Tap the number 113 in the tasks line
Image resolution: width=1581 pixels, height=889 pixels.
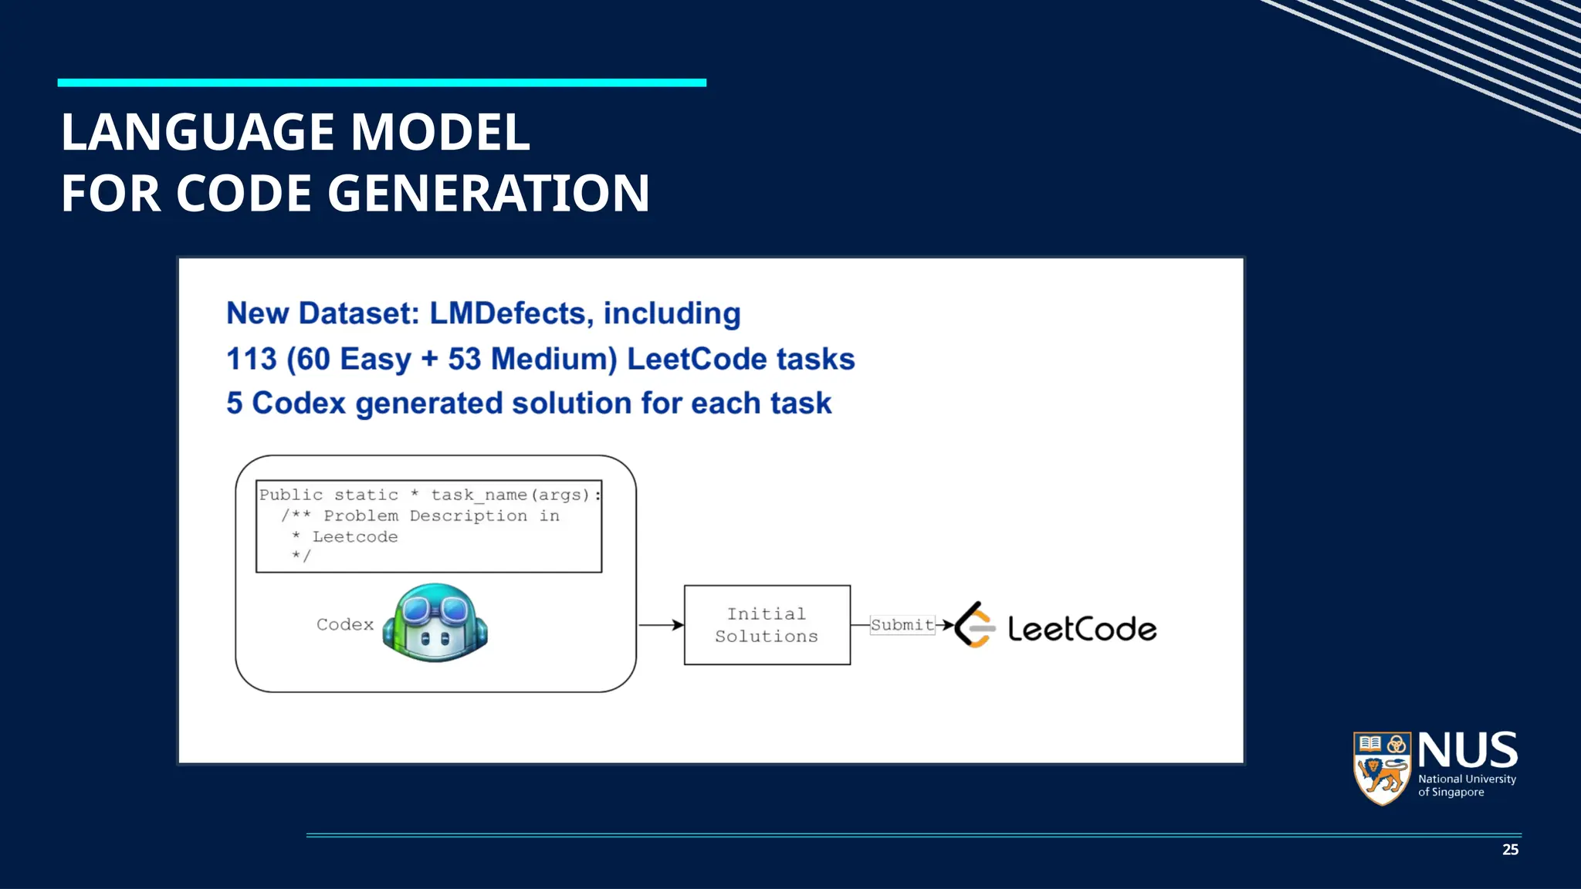(252, 359)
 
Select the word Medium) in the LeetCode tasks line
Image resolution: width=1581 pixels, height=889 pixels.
(554, 359)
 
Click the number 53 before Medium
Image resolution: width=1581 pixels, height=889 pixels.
(465, 359)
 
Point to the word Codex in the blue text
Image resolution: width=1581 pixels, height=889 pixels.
(299, 403)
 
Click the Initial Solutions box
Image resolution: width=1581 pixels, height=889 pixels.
(767, 625)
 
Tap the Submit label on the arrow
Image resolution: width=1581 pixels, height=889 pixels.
(902, 624)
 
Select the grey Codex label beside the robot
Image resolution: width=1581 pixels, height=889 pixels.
(344, 624)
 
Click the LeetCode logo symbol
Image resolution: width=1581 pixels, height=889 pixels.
(974, 624)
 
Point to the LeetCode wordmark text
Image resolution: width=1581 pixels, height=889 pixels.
(1082, 629)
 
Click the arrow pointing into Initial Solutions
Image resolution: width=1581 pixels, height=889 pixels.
(662, 624)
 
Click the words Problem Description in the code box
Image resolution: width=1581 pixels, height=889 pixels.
(425, 515)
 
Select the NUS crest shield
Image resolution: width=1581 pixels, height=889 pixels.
(1382, 768)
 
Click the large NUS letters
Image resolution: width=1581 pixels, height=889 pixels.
(1468, 750)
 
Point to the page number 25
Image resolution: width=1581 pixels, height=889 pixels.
(1510, 850)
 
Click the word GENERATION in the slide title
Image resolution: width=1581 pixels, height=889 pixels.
(489, 193)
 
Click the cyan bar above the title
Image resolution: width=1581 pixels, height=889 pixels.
(381, 83)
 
